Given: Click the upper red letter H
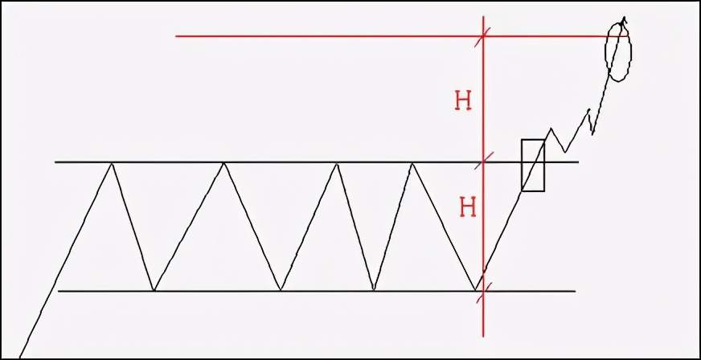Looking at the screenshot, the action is (463, 102).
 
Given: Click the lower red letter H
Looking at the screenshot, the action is (468, 208).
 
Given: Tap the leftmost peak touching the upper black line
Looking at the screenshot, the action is (112, 163).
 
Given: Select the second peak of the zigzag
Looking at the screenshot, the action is (223, 163).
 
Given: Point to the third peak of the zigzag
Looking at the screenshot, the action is (337, 165).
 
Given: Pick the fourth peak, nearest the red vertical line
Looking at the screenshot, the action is (412, 165).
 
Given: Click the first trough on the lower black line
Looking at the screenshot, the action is (154, 290).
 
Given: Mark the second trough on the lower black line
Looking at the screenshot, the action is (281, 290).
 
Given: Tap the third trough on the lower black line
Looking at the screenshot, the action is (374, 290).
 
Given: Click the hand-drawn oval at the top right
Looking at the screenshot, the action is (607, 49).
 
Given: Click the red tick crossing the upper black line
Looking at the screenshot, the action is (483, 161).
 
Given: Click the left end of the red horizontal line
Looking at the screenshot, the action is (176, 36).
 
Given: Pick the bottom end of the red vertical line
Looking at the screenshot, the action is (483, 336).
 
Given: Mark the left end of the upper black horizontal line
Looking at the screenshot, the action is (55, 162).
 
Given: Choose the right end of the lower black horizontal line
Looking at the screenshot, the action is (575, 291).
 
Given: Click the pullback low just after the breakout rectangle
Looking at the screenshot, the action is (565, 152).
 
